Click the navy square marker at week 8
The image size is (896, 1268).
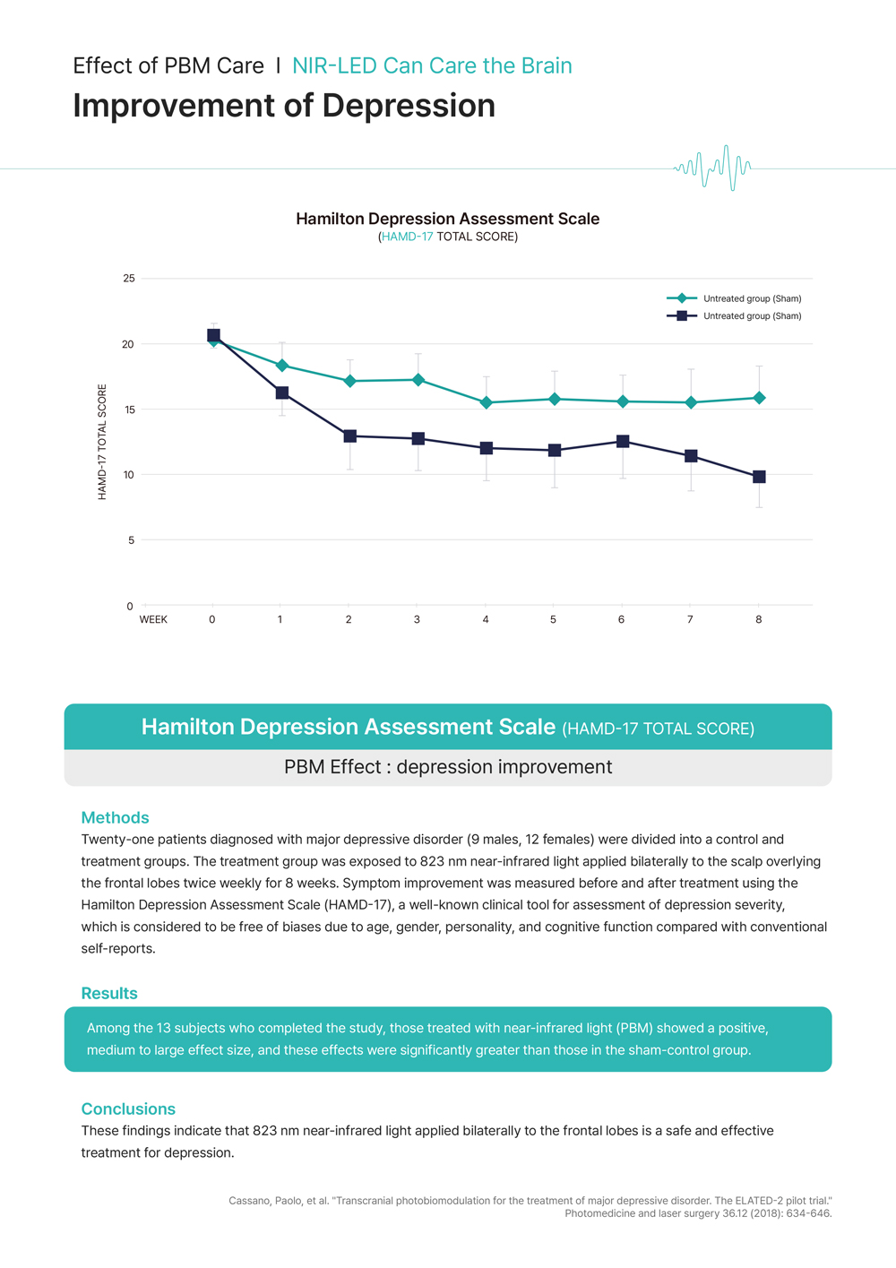(759, 477)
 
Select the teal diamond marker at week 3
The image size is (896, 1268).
(418, 380)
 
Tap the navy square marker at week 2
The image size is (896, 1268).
(349, 436)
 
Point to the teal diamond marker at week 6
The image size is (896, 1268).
(623, 401)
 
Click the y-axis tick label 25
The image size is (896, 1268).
(129, 279)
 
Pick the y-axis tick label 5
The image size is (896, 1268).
(131, 540)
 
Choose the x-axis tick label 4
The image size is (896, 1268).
(486, 619)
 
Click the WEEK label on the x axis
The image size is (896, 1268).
(153, 619)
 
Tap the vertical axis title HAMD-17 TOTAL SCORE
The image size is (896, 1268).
(102, 442)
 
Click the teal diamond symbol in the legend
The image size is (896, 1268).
(682, 298)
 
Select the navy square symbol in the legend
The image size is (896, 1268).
(682, 316)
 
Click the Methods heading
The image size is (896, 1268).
(115, 817)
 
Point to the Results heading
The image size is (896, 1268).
(109, 993)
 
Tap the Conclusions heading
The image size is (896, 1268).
(128, 1108)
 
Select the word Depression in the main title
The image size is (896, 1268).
(409, 106)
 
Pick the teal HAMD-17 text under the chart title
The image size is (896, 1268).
(407, 237)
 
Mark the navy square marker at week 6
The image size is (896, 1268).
(623, 442)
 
